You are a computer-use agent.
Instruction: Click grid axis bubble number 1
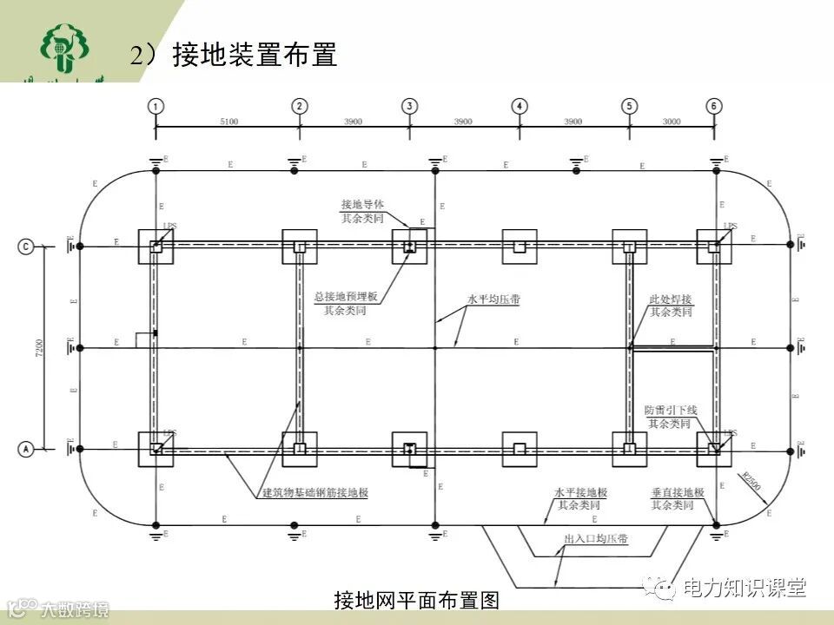(x=156, y=106)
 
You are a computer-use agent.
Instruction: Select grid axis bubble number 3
(x=409, y=106)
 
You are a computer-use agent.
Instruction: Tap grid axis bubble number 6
(x=714, y=106)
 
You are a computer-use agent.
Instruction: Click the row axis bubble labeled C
(x=27, y=247)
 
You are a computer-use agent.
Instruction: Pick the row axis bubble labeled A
(x=27, y=449)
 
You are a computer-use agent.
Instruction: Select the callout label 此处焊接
(x=672, y=299)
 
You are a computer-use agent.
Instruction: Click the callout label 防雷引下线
(x=671, y=410)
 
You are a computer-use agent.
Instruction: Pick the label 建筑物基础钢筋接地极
(x=315, y=493)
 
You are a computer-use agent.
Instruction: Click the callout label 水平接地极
(x=578, y=492)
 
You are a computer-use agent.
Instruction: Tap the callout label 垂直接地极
(x=678, y=492)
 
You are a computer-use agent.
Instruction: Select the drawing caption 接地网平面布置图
(x=417, y=601)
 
